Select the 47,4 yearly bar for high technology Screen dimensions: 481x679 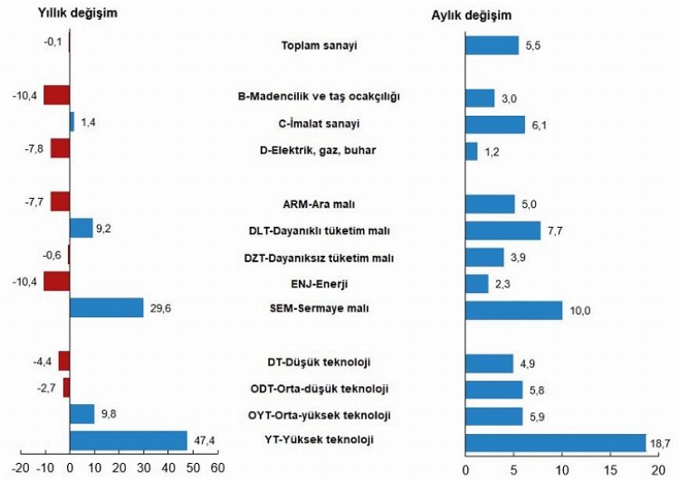pyautogui.click(x=128, y=440)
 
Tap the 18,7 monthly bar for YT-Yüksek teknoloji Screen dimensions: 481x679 pyautogui.click(x=554, y=442)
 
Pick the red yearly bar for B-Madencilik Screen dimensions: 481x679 pyautogui.click(x=56, y=95)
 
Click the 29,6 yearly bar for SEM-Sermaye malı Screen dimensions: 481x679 pyautogui.click(x=106, y=307)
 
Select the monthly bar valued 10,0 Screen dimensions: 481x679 pyautogui.click(x=512, y=310)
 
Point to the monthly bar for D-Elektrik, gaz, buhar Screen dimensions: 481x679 pyautogui.click(x=471, y=151)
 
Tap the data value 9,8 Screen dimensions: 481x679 pyautogui.click(x=109, y=415)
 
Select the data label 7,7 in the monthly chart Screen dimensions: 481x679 pyautogui.click(x=553, y=231)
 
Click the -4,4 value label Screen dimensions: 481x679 pyautogui.click(x=43, y=363)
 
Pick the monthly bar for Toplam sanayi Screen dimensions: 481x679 pyautogui.click(x=492, y=45)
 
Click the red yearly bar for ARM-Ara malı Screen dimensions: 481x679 pyautogui.click(x=60, y=202)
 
